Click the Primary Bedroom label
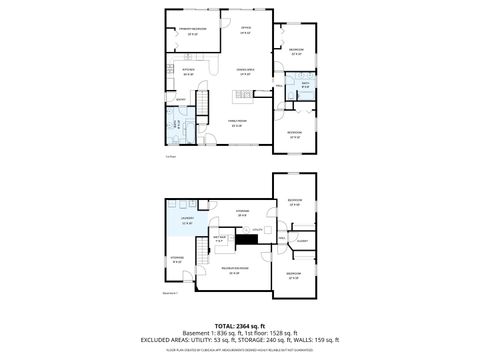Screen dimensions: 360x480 (193, 30)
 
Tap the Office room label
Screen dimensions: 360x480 (246, 30)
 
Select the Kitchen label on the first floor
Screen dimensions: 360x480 (186, 71)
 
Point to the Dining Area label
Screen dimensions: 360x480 (245, 71)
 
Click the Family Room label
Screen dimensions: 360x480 (237, 123)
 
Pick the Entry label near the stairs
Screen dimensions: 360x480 (181, 100)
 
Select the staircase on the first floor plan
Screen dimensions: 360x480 (204, 103)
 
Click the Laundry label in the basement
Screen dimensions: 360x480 (186, 220)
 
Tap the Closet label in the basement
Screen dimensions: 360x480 (300, 241)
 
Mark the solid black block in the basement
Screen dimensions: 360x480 (246, 240)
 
